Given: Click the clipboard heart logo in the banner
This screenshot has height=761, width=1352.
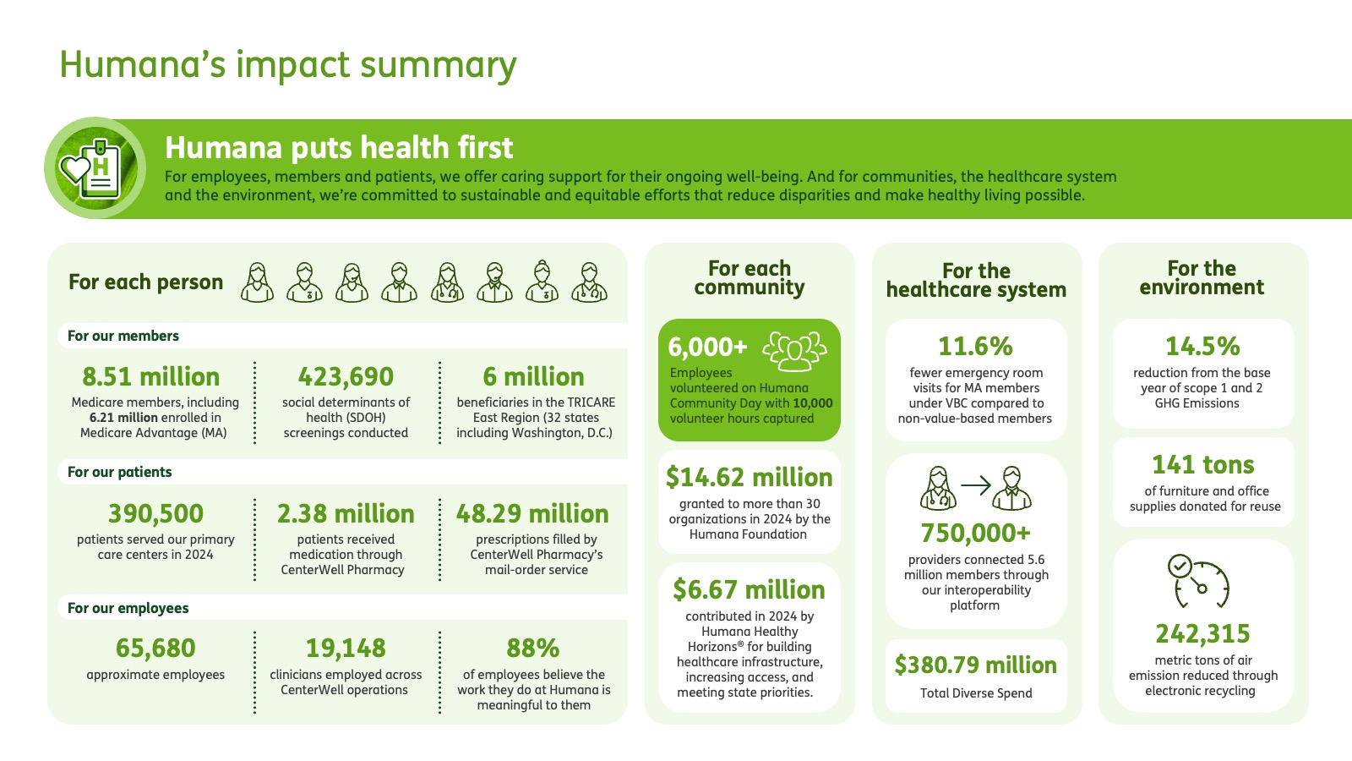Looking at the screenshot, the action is click(x=95, y=168).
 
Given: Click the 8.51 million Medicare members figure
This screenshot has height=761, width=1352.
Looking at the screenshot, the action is click(x=151, y=377).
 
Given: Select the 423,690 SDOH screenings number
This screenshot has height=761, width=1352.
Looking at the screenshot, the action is click(x=346, y=377).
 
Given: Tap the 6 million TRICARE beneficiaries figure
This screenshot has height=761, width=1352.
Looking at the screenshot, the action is click(x=533, y=377).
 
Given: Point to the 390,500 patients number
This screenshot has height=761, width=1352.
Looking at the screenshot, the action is click(x=155, y=514).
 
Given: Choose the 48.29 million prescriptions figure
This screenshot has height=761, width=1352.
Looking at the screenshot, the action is click(x=532, y=514).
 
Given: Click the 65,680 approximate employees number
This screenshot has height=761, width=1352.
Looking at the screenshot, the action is click(x=155, y=648).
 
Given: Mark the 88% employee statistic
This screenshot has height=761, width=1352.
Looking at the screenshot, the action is click(x=533, y=648).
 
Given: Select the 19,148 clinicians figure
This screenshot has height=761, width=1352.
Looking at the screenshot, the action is click(x=346, y=648).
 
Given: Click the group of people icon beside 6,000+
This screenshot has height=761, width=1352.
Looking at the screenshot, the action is click(x=794, y=351).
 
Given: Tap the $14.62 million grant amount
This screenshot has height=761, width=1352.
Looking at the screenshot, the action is click(x=749, y=478).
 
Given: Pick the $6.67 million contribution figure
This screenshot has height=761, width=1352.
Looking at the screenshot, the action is click(x=749, y=590).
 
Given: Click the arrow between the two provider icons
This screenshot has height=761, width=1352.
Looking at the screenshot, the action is click(x=976, y=485).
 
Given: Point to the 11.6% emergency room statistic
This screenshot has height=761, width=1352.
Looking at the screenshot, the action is click(x=975, y=347).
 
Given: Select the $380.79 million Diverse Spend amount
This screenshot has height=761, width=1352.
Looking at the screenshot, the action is click(x=975, y=665).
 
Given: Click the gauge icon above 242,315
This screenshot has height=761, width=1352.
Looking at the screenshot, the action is click(x=1199, y=581).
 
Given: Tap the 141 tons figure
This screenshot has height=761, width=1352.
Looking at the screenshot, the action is click(x=1203, y=465).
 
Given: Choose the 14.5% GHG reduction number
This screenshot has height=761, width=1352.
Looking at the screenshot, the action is click(x=1202, y=347).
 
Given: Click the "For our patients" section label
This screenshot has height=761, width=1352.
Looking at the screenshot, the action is click(x=119, y=472).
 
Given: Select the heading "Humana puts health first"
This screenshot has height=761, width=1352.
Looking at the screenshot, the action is click(x=339, y=147).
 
